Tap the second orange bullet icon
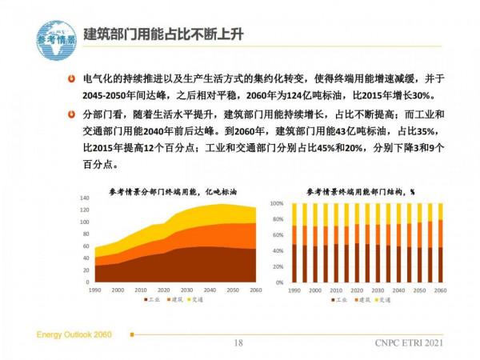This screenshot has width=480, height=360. [x=72, y=114]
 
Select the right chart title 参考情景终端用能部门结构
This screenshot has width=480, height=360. [x=360, y=191]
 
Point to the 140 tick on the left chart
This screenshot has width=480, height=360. [x=85, y=198]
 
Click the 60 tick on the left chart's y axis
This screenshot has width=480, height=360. [x=86, y=246]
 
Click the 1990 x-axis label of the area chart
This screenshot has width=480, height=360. [x=94, y=289]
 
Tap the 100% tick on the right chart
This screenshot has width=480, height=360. [x=277, y=203]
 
